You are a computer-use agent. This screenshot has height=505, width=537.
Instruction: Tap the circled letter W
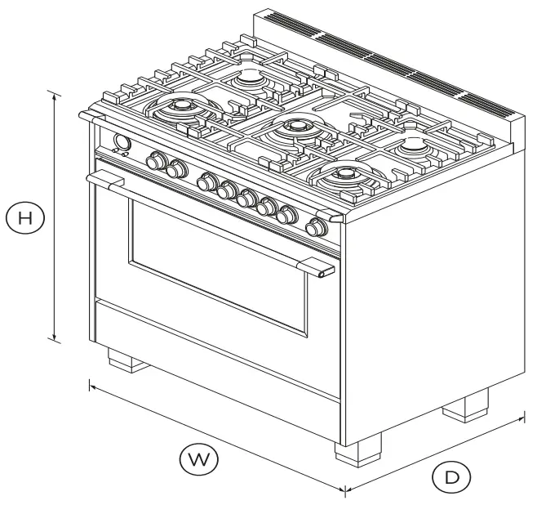pos(199,460)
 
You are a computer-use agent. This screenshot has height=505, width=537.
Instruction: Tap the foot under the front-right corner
pos(357,453)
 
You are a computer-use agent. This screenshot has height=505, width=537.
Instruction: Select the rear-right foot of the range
pos(465,406)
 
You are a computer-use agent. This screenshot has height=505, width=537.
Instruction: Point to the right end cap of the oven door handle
pos(325,272)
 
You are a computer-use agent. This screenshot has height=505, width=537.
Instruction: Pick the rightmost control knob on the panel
pos(314,227)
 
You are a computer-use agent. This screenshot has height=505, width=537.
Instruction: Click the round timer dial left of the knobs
pos(122,143)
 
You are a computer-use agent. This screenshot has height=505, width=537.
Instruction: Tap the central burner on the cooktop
pos(294,127)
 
